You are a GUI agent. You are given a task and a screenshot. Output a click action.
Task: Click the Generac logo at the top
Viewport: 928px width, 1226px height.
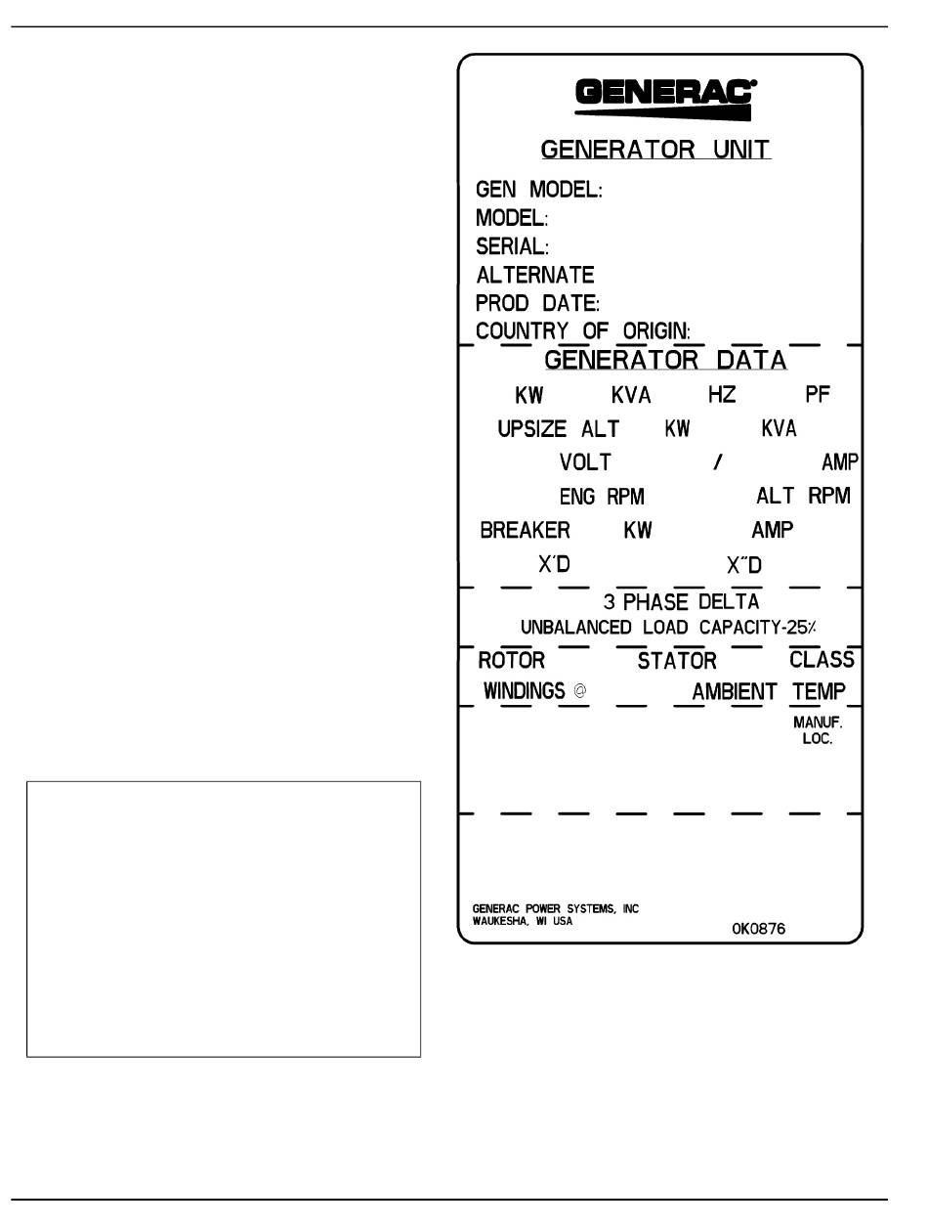[665, 98]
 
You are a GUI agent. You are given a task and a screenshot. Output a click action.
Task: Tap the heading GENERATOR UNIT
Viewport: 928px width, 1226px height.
[655, 151]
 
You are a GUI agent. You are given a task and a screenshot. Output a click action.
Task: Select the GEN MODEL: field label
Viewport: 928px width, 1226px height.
[538, 190]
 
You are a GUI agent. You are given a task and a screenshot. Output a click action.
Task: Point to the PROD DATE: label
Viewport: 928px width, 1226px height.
[537, 303]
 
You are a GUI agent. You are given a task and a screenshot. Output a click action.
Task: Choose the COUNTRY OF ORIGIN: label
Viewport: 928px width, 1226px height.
[583, 331]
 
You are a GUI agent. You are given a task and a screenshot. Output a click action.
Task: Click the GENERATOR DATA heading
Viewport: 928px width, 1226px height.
[664, 360]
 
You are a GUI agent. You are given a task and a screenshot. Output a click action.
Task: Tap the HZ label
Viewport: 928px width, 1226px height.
[722, 396]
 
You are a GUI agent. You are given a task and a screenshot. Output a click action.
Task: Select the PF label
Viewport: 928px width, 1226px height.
[819, 396]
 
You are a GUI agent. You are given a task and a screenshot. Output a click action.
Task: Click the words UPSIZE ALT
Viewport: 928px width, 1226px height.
[558, 429]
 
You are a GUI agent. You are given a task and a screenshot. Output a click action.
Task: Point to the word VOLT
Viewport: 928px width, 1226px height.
[585, 462]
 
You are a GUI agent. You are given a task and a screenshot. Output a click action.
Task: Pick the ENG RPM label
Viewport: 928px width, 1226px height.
[601, 497]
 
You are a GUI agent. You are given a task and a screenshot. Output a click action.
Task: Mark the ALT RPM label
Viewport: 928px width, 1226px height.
[803, 496]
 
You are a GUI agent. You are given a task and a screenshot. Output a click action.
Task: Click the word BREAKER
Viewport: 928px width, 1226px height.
[525, 531]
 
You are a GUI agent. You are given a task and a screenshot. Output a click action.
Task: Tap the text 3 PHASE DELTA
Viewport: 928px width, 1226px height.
[681, 602]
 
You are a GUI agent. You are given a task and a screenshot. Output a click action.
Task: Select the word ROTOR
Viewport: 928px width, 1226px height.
[511, 660]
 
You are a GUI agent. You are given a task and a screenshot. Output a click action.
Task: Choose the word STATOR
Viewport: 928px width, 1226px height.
[677, 662]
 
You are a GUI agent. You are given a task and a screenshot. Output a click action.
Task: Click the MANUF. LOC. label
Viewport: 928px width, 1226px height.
[817, 731]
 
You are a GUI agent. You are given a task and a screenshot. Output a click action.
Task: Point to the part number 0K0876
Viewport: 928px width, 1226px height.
[758, 929]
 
